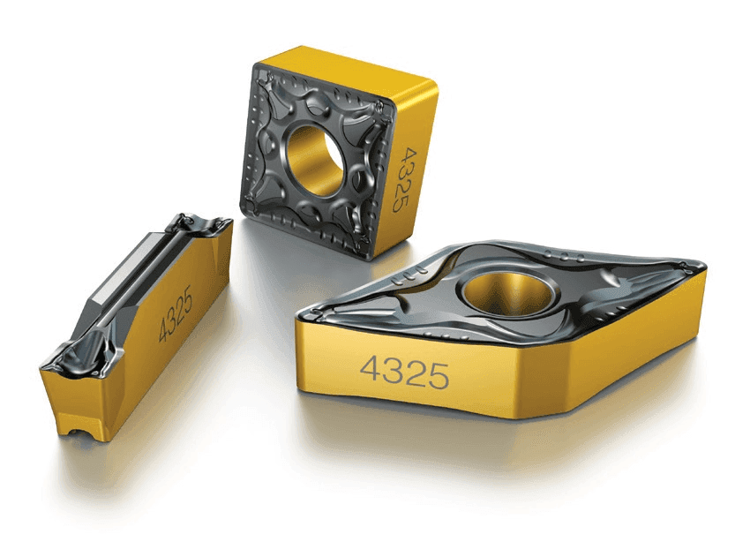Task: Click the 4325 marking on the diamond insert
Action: tap(404, 372)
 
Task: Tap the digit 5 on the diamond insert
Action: tap(439, 376)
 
